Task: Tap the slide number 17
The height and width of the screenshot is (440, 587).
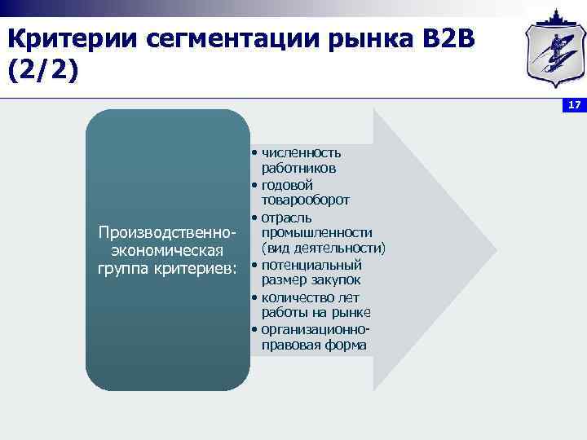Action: click(x=574, y=107)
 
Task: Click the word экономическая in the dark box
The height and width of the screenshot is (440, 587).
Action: click(x=166, y=249)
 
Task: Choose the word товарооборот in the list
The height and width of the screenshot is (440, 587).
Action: click(x=306, y=200)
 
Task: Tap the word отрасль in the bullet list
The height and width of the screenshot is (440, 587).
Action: click(x=286, y=217)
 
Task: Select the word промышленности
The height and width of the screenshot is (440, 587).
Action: click(x=316, y=232)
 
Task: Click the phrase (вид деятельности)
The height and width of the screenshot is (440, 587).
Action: click(x=323, y=248)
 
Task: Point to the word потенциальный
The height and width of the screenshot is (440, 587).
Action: click(x=311, y=265)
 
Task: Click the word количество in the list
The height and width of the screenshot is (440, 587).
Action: click(x=297, y=297)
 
